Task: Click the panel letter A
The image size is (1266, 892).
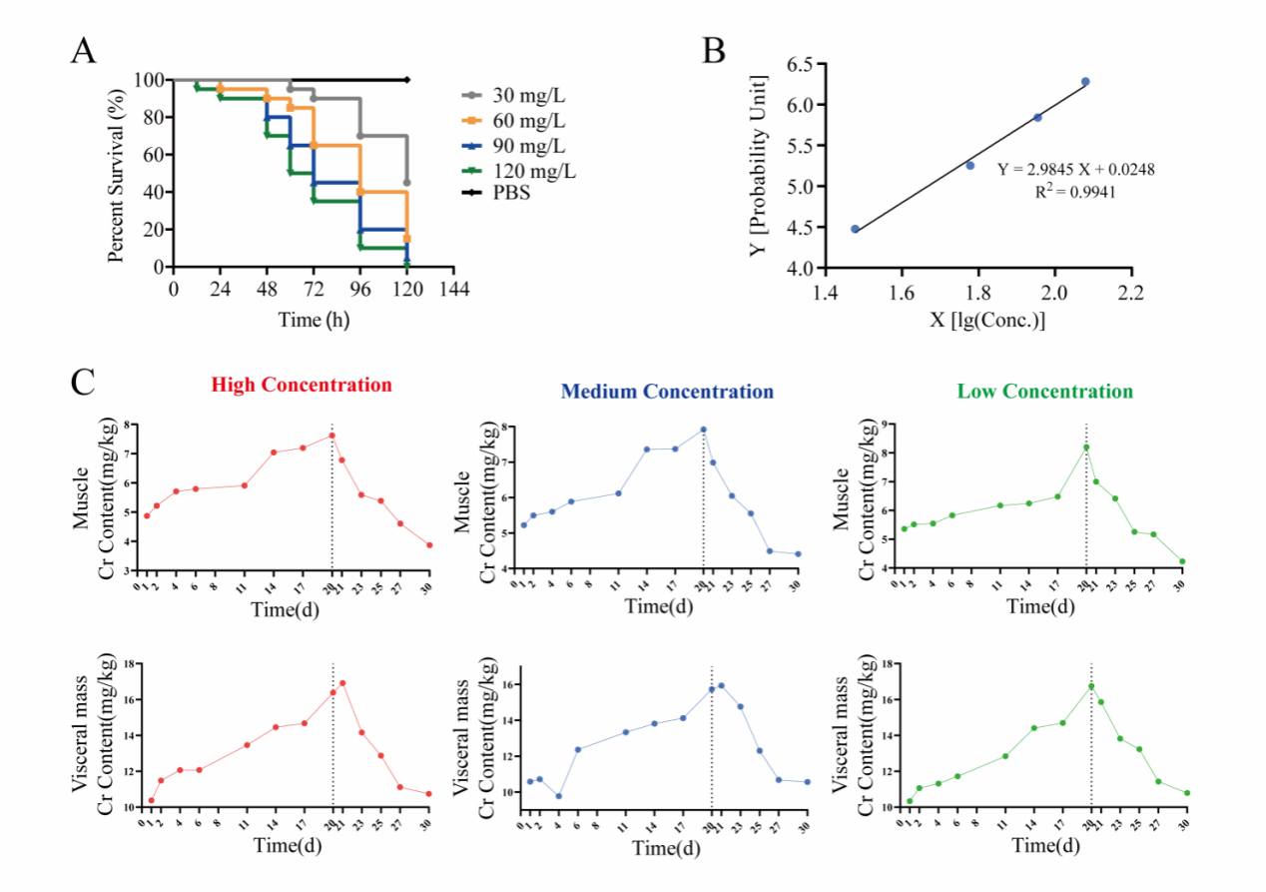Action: tap(84, 50)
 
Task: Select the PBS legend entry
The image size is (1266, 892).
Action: tap(509, 193)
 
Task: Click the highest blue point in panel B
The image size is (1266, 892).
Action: tap(1085, 82)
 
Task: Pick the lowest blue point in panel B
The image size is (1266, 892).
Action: tap(855, 229)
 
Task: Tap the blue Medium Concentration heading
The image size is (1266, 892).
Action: tap(667, 392)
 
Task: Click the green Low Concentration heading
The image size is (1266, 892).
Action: tap(1044, 392)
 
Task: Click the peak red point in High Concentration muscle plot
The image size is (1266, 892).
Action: tap(331, 436)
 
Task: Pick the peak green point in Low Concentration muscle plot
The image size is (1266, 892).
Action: tap(1086, 447)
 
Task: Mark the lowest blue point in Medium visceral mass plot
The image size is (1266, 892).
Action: tap(559, 796)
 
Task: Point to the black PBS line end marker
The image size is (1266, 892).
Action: tap(407, 80)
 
